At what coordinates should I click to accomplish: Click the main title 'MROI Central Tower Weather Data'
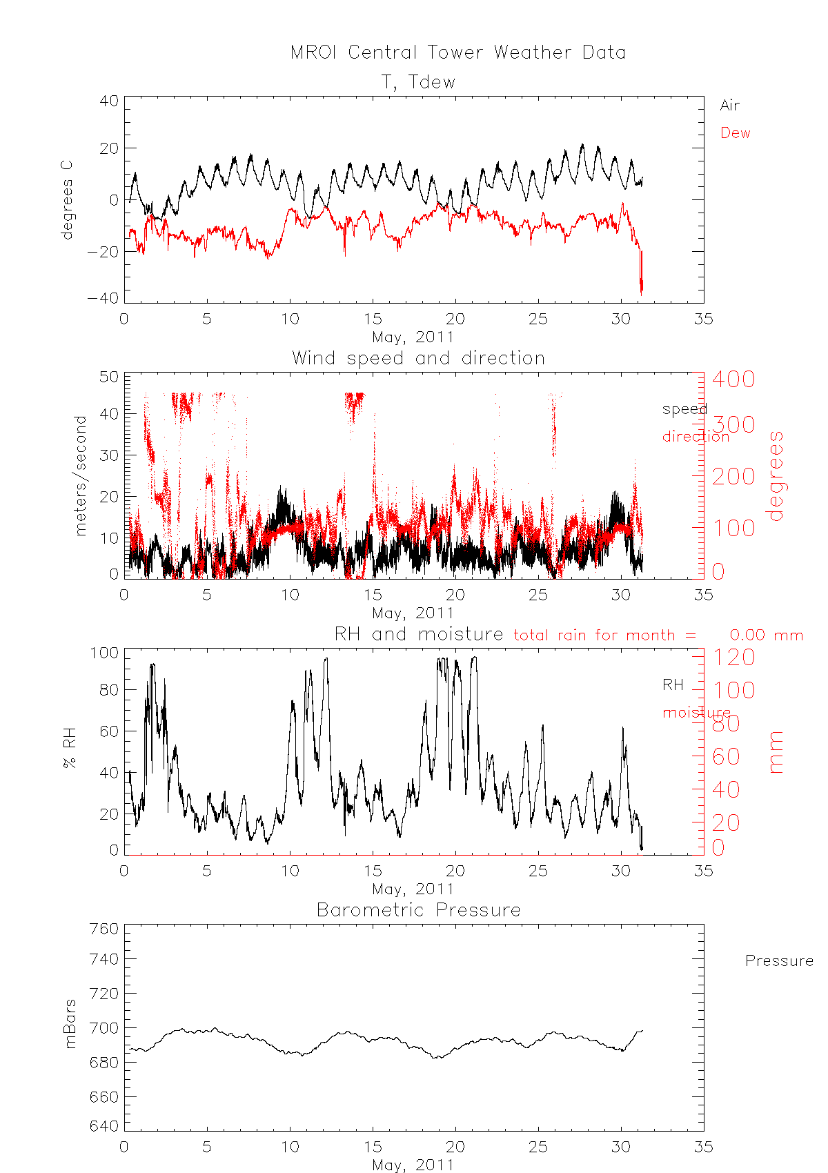458,53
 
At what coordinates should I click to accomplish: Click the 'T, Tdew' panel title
419,82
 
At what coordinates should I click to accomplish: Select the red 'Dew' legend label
735,133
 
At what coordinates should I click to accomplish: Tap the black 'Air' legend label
729,106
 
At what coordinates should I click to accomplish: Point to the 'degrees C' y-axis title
67,200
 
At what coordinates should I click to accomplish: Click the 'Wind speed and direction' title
418,358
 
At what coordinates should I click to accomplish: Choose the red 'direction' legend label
695,436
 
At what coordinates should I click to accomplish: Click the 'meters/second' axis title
81,475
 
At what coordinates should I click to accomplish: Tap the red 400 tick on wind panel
733,379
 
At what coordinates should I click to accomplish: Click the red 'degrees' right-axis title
776,475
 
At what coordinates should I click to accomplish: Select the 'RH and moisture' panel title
419,634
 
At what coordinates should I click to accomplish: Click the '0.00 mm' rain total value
766,635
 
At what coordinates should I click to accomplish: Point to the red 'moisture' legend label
696,712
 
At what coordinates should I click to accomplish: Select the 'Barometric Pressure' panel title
418,910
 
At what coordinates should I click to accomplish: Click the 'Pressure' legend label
779,961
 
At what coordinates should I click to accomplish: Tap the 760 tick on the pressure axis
103,929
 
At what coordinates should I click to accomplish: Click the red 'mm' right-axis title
776,752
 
